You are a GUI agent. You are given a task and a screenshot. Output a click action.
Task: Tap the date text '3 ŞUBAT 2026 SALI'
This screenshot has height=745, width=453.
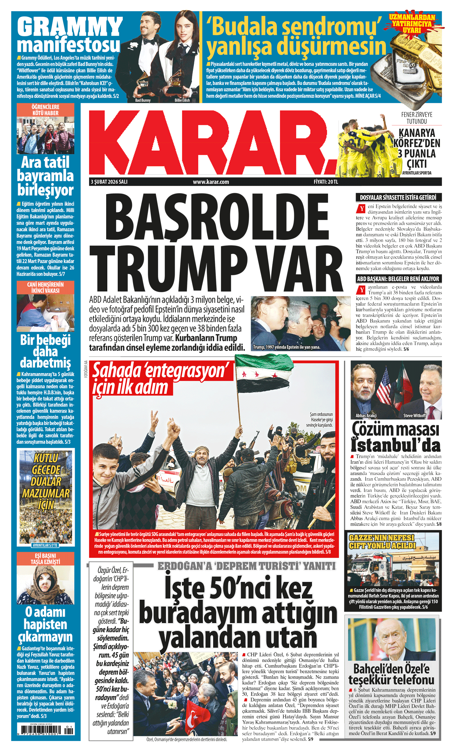click(x=109, y=182)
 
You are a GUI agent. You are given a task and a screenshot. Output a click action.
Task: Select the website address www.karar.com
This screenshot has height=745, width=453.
click(x=211, y=182)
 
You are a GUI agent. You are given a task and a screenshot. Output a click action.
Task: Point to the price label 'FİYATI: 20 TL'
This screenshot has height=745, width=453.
click(x=325, y=182)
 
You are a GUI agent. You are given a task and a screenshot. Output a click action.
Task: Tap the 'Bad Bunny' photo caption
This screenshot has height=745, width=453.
click(x=143, y=100)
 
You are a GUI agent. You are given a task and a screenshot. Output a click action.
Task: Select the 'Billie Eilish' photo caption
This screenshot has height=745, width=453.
click(x=182, y=100)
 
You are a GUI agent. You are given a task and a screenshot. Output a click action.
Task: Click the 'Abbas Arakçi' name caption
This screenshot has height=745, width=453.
click(x=366, y=415)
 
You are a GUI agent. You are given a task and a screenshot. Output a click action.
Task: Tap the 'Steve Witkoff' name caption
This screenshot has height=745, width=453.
click(x=415, y=415)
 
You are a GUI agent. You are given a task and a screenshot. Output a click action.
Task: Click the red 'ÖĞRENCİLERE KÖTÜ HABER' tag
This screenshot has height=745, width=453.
click(x=45, y=110)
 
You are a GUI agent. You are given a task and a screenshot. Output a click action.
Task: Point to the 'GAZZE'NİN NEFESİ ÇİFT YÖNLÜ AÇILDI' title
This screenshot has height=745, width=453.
click(x=382, y=541)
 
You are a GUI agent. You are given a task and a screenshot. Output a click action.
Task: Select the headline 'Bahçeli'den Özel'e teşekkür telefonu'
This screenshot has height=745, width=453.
click(x=391, y=674)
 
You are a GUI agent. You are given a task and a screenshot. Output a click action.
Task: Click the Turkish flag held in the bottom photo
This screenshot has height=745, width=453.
click(x=194, y=717)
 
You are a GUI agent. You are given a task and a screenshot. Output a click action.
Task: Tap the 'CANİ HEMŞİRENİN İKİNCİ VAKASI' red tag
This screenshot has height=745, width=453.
click(x=45, y=287)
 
